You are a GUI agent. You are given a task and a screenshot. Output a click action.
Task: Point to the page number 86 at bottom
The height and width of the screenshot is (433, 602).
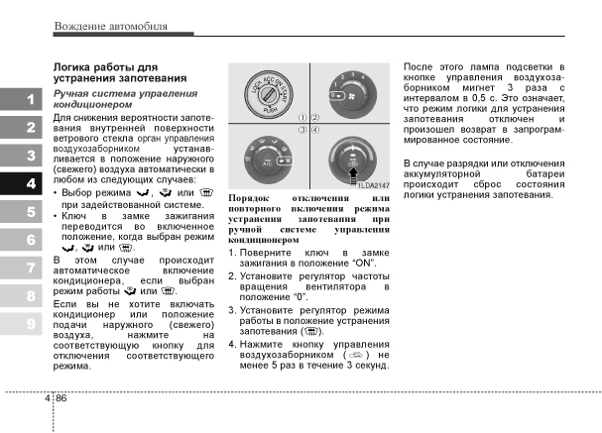click(60, 398)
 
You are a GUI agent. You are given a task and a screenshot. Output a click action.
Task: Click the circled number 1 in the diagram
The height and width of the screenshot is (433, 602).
click(301, 117)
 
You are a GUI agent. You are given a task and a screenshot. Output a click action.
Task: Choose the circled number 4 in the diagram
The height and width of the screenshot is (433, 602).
click(315, 130)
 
